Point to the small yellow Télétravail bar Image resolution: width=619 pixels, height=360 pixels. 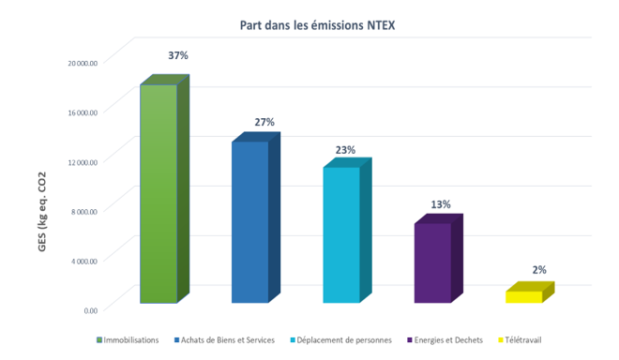click(524, 296)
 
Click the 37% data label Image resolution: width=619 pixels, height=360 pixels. click(178, 56)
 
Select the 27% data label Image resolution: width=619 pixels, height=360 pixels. click(264, 123)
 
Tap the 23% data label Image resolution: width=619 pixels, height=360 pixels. click(345, 150)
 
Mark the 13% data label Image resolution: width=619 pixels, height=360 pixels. click(441, 204)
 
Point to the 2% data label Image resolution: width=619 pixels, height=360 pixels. click(538, 270)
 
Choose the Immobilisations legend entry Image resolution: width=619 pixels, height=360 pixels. click(127, 339)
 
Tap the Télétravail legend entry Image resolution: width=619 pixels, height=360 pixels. click(521, 339)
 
